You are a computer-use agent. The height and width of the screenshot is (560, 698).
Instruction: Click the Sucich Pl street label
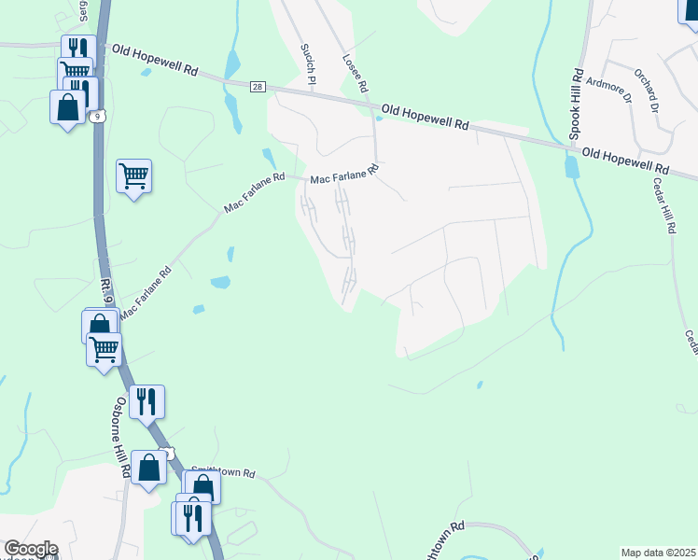tap(304, 61)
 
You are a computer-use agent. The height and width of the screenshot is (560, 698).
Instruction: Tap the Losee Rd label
tap(354, 72)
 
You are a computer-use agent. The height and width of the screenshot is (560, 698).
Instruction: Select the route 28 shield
tap(258, 86)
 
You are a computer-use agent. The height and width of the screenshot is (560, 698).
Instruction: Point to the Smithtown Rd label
tap(224, 473)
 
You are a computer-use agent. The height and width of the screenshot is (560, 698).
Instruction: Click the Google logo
tap(30, 549)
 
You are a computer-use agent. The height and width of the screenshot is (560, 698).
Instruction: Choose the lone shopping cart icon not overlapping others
tap(134, 175)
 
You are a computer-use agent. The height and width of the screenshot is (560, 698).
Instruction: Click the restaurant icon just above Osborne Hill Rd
tap(147, 401)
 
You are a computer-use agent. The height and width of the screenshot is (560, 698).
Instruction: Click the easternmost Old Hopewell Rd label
tap(625, 159)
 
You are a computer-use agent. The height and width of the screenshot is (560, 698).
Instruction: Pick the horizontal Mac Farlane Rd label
tap(343, 174)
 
